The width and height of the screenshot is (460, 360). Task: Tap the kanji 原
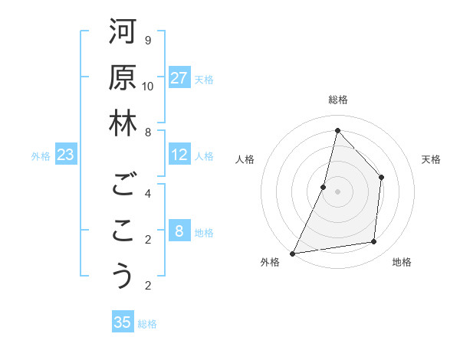pos(123,77)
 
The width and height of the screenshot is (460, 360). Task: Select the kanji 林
pos(123,123)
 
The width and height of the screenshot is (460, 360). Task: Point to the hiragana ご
pos(123,185)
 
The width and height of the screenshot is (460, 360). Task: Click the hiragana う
pos(123,276)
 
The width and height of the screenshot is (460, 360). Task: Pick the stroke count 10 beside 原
pos(148,87)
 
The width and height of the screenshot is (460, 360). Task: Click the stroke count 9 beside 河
pos(148,40)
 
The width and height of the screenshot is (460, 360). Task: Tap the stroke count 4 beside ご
pos(148,193)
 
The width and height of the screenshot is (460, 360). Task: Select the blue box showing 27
pos(179,78)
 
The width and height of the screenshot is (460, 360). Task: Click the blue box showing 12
pos(179,155)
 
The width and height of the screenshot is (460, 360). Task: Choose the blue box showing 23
pos(66,155)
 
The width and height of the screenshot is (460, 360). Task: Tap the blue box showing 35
pos(123,322)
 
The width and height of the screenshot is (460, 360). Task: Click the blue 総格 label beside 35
pos(147,324)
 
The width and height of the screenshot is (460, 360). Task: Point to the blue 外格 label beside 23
pos(41,156)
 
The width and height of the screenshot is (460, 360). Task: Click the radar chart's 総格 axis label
pos(337,100)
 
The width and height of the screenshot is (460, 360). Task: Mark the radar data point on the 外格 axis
pos(292,254)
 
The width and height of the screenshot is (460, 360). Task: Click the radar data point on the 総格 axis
pos(337,130)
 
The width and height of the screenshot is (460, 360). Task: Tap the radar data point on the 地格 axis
pos(374,242)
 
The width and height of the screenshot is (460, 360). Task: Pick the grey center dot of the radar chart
pos(337,191)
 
